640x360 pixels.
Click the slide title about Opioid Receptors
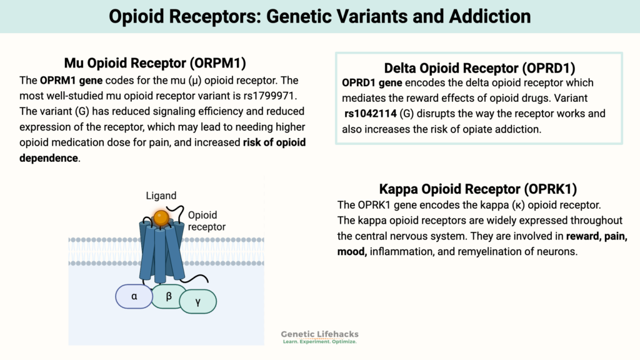[320, 16]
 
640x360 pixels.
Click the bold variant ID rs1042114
[374, 114]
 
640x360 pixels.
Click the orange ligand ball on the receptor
[161, 217]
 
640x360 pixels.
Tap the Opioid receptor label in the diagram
[207, 221]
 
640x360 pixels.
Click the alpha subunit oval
[134, 296]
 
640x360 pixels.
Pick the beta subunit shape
[169, 296]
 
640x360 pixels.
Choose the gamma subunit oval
[198, 301]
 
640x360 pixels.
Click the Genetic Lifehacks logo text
[320, 335]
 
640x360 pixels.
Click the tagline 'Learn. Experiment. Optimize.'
[320, 342]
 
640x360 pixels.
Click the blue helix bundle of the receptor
[161, 250]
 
